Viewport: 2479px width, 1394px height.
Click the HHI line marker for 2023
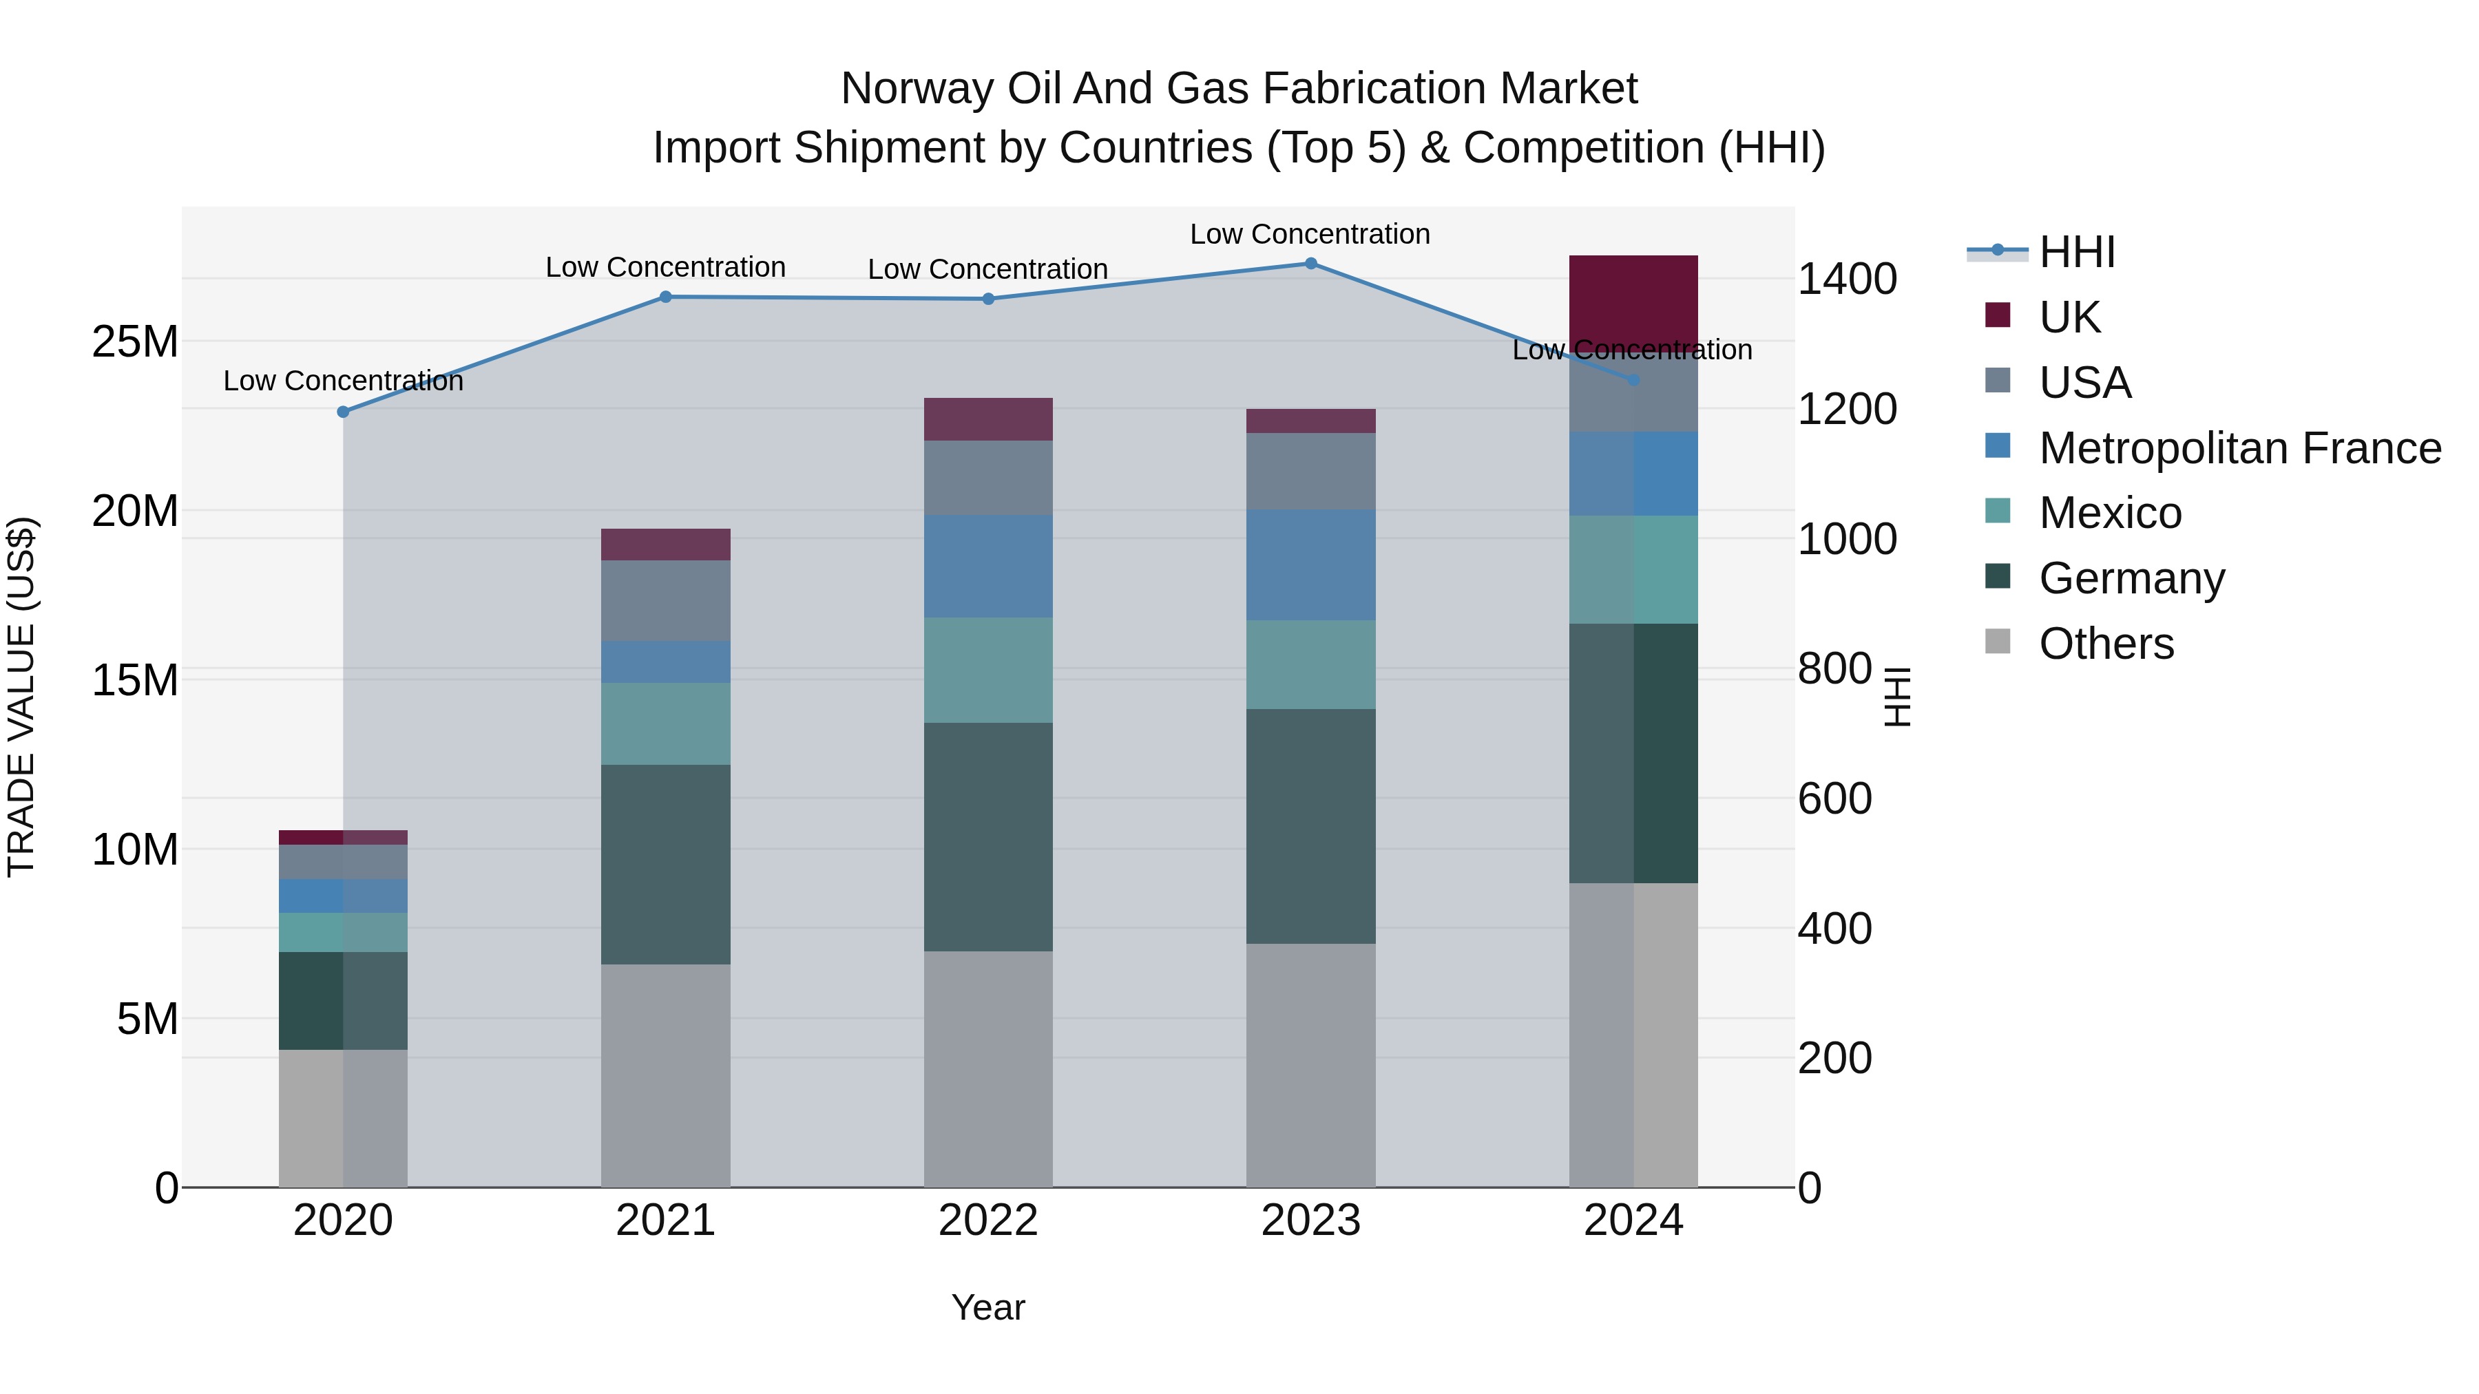tap(1310, 264)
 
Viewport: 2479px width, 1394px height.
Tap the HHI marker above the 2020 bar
tap(344, 412)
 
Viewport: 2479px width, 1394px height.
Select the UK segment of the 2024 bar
tap(1633, 298)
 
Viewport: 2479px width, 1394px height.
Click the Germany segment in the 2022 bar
tap(987, 837)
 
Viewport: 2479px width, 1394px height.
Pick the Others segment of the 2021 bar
tap(665, 1075)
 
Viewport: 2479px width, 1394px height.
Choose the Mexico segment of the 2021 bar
tap(665, 724)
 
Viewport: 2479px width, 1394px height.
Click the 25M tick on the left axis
tap(135, 341)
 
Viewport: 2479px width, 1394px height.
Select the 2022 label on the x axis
tap(987, 1221)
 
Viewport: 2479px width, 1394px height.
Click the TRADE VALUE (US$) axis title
tap(21, 697)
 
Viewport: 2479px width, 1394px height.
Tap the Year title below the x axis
tap(987, 1307)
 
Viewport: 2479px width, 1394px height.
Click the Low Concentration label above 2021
tap(665, 268)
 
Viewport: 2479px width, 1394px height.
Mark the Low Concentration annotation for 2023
tap(1310, 234)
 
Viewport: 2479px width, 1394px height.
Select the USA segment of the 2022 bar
tap(987, 478)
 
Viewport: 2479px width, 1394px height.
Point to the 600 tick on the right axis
tap(1834, 799)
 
